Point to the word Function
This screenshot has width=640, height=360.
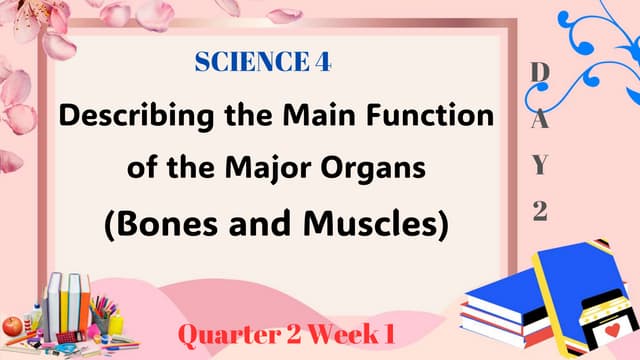pyautogui.click(x=431, y=116)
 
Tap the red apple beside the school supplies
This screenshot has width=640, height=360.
pyautogui.click(x=12, y=324)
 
